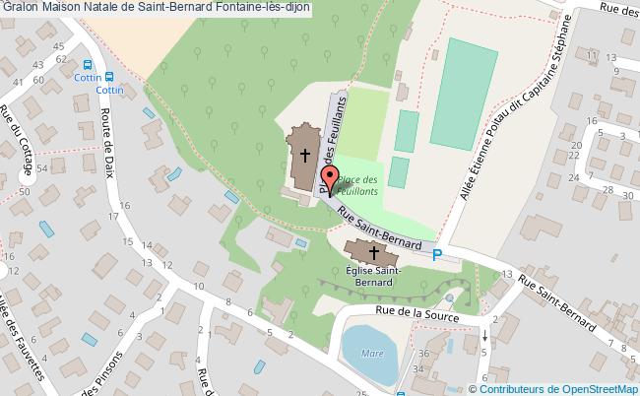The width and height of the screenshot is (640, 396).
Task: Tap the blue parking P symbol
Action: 438,255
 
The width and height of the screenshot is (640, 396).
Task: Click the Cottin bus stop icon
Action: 109,76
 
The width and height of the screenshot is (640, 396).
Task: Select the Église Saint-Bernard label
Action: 371,275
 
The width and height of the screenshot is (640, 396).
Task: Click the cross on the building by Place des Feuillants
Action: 305,155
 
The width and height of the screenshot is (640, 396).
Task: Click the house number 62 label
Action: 61,59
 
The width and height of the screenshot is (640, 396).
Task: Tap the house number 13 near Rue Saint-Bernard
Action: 506,273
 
